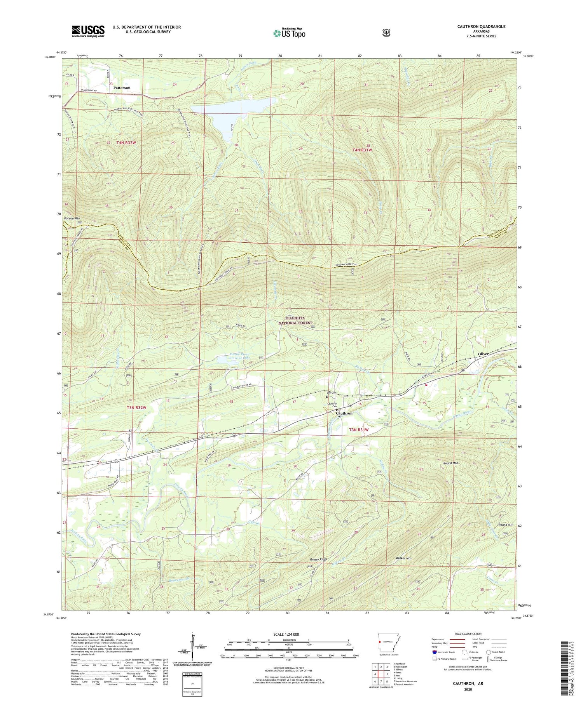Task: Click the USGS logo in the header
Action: click(88, 31)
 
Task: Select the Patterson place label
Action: click(122, 88)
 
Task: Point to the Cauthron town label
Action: click(344, 413)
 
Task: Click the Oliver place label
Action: click(483, 354)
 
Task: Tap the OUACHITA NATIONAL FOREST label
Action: click(295, 320)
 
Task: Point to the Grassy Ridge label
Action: click(318, 560)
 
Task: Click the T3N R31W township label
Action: click(358, 429)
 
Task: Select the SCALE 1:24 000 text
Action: click(289, 634)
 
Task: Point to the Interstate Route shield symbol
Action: click(434, 652)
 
